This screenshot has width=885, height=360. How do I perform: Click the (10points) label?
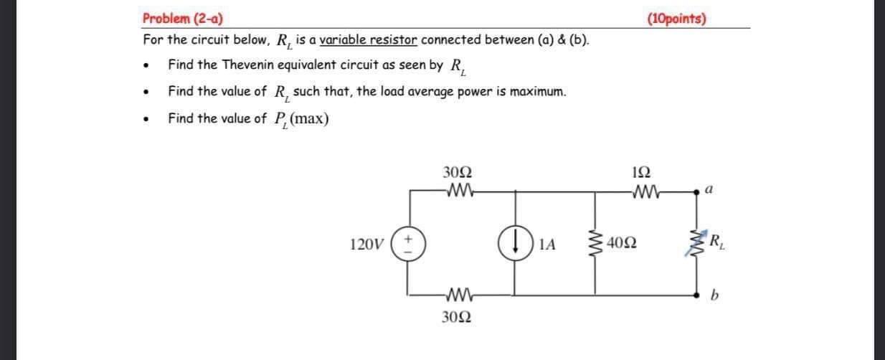pos(676,19)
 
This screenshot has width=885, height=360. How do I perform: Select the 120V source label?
pos(366,245)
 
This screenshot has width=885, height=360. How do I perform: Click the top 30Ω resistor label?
pos(458,173)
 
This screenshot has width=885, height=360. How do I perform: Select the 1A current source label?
pos(546,245)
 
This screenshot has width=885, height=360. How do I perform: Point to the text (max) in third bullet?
pos(311,118)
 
